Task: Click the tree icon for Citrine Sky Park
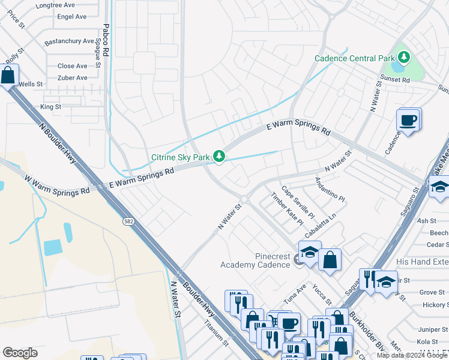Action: pyautogui.click(x=220, y=157)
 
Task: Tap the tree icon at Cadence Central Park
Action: pyautogui.click(x=404, y=58)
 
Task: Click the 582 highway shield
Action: pyautogui.click(x=128, y=221)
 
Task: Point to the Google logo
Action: pyautogui.click(x=20, y=353)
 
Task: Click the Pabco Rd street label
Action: pyautogui.click(x=106, y=40)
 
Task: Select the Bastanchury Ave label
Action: pyautogui.click(x=70, y=43)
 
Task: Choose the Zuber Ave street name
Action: pyautogui.click(x=72, y=77)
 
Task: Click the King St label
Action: pyautogui.click(x=51, y=107)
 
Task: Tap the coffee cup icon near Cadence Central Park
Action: pyautogui.click(x=408, y=120)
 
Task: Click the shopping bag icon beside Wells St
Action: pyautogui.click(x=8, y=76)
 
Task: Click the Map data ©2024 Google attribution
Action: pyautogui.click(x=412, y=355)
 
